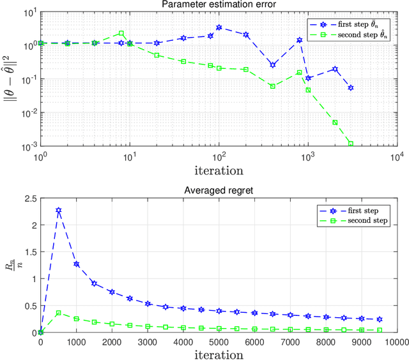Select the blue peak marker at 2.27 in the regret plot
(58, 210)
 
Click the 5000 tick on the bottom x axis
(219, 341)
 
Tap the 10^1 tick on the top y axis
(27, 12)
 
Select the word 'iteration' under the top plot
(219, 170)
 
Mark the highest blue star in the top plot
(219, 27)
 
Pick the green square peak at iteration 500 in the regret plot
(58, 313)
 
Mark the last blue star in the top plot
(351, 87)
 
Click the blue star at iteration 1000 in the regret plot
(76, 264)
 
